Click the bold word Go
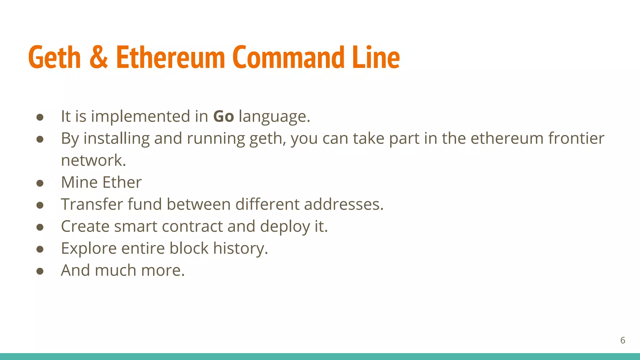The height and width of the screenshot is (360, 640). [223, 117]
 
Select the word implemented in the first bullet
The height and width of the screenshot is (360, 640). [141, 117]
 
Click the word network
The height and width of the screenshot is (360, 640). [93, 160]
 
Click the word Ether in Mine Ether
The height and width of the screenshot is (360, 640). [122, 182]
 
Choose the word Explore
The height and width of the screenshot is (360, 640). [89, 248]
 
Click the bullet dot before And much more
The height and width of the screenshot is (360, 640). [40, 271]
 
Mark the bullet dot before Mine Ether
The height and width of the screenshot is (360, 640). [40, 183]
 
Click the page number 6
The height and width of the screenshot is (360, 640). [622, 340]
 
